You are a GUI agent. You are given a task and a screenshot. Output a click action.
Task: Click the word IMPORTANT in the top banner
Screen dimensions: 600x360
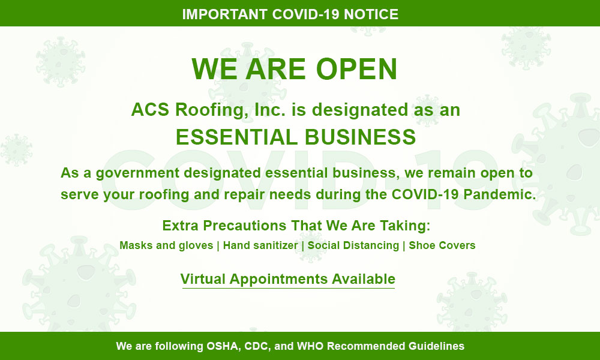[224, 14]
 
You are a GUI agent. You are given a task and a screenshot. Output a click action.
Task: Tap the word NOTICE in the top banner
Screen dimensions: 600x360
[371, 14]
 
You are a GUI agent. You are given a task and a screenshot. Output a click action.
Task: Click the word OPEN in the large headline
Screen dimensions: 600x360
[356, 69]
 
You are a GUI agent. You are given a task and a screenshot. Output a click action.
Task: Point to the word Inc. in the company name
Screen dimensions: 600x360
[270, 110]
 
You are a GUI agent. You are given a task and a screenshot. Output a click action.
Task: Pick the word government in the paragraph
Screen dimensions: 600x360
[137, 173]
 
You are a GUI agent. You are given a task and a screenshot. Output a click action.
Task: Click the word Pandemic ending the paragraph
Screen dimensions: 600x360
[500, 194]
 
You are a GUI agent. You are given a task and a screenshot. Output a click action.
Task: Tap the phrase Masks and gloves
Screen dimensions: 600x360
[166, 245]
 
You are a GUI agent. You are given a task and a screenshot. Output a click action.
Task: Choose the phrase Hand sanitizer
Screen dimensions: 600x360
[260, 245]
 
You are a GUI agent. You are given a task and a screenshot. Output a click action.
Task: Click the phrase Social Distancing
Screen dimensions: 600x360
[353, 245]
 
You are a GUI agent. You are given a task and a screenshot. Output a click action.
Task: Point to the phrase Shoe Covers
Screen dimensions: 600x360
[442, 245]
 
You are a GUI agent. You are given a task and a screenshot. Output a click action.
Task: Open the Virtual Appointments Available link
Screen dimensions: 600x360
[288, 279]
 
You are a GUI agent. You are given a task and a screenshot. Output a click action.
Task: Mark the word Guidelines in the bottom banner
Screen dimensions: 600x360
[436, 346]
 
